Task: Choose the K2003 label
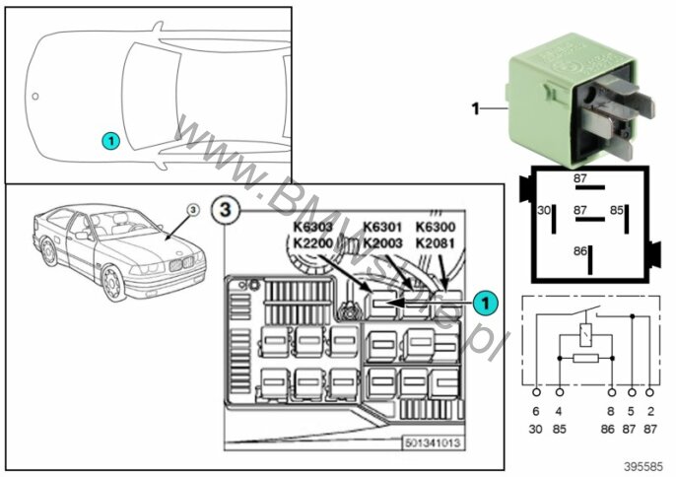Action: click(384, 242)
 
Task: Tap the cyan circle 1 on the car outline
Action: click(110, 141)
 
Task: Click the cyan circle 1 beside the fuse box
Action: click(483, 304)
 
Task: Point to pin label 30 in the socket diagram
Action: click(543, 210)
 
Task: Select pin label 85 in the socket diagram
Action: click(618, 210)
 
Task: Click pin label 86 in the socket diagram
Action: click(580, 250)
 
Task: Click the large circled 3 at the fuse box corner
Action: click(225, 210)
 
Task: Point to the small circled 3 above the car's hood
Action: click(192, 210)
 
